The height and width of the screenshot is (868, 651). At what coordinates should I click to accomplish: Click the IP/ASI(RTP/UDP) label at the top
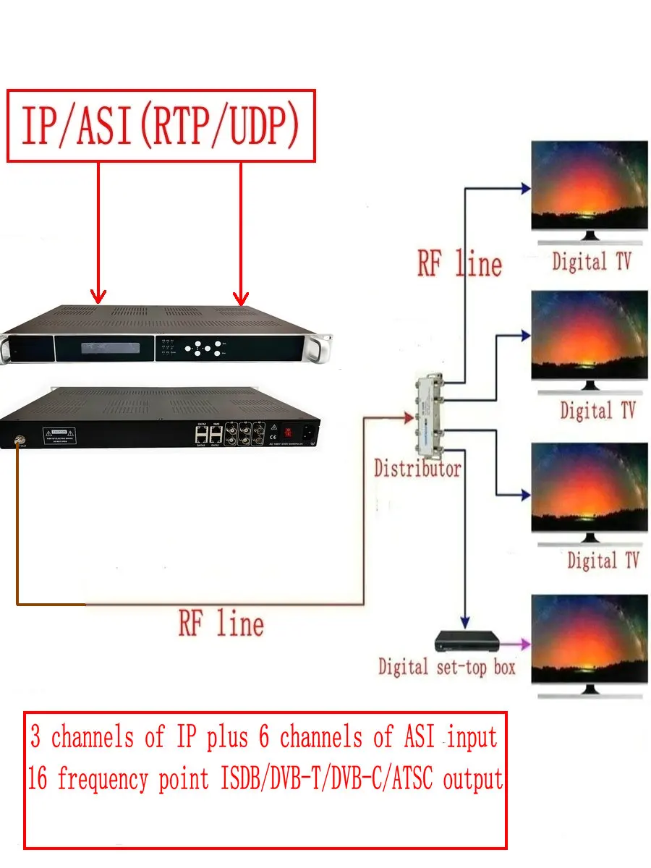(161, 125)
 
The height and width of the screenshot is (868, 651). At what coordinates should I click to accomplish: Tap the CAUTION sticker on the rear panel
(61, 436)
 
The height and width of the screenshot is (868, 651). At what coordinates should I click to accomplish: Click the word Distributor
(417, 469)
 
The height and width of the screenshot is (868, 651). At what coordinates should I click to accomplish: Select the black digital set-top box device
(467, 642)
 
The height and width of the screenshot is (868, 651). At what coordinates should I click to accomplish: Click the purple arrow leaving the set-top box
(516, 642)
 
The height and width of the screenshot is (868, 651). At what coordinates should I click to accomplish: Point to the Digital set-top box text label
(446, 667)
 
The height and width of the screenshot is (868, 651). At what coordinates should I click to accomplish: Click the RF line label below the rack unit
(221, 624)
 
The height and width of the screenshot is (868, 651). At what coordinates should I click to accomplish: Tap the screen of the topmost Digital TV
(589, 185)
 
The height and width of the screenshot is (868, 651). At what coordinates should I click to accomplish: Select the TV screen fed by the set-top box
(589, 638)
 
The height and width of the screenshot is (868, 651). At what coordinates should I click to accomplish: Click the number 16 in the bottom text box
(38, 780)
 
